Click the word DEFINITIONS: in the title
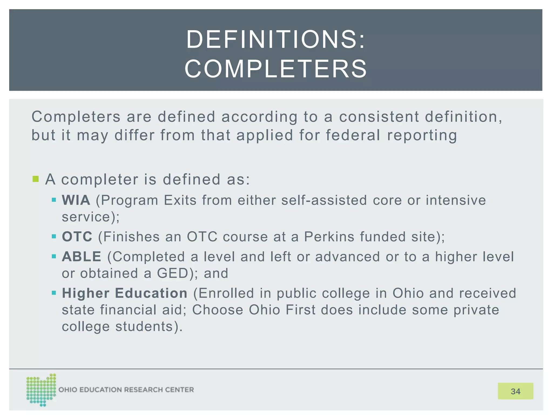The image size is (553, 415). (276, 40)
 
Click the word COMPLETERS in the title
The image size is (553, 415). (276, 69)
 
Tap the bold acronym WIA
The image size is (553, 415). (76, 200)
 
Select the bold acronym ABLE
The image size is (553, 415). (82, 257)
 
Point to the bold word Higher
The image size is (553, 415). (86, 293)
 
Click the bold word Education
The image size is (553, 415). (151, 293)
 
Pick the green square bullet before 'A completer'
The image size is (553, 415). (36, 179)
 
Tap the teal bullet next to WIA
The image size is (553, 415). (54, 200)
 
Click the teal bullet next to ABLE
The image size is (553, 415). (54, 256)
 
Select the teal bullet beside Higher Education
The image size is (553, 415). (54, 293)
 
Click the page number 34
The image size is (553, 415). (515, 391)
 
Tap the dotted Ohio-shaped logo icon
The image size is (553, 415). (41, 390)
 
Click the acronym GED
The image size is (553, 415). (173, 273)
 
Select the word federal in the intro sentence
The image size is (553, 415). (353, 135)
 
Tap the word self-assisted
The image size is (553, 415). (324, 200)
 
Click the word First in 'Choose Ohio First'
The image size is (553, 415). (301, 310)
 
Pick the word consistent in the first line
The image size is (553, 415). (379, 117)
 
